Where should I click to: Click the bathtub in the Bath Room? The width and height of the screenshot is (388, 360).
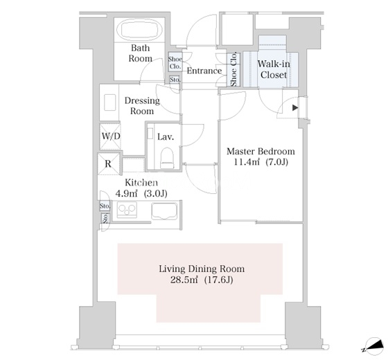click(x=140, y=30)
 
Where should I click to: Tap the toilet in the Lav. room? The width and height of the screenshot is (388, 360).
click(x=166, y=158)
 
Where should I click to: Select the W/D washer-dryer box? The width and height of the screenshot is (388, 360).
click(x=110, y=136)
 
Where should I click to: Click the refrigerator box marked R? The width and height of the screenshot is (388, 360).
click(x=108, y=163)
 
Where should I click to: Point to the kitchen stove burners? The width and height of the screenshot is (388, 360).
click(x=127, y=210)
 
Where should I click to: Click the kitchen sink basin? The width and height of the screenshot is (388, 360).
click(x=164, y=212)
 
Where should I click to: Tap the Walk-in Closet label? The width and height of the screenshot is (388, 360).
click(x=274, y=69)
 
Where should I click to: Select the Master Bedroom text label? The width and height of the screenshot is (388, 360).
click(x=261, y=151)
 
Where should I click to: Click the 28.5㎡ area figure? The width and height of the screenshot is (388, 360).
click(x=184, y=280)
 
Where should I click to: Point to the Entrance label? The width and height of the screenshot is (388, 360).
click(x=204, y=71)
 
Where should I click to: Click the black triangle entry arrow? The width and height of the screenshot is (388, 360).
click(x=295, y=108)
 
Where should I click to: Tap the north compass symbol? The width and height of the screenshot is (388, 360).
click(x=372, y=346)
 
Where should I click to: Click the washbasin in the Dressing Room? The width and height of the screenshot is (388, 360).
click(x=110, y=102)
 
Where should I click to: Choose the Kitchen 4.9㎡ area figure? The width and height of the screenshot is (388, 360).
click(x=126, y=194)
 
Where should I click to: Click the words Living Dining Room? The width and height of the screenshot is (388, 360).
click(x=202, y=269)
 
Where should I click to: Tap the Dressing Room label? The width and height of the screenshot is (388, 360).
click(x=142, y=106)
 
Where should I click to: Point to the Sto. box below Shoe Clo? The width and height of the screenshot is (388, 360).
click(x=175, y=80)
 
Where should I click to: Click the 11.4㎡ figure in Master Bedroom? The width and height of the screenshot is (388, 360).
click(x=247, y=162)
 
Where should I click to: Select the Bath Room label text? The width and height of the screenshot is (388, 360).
click(x=140, y=53)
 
